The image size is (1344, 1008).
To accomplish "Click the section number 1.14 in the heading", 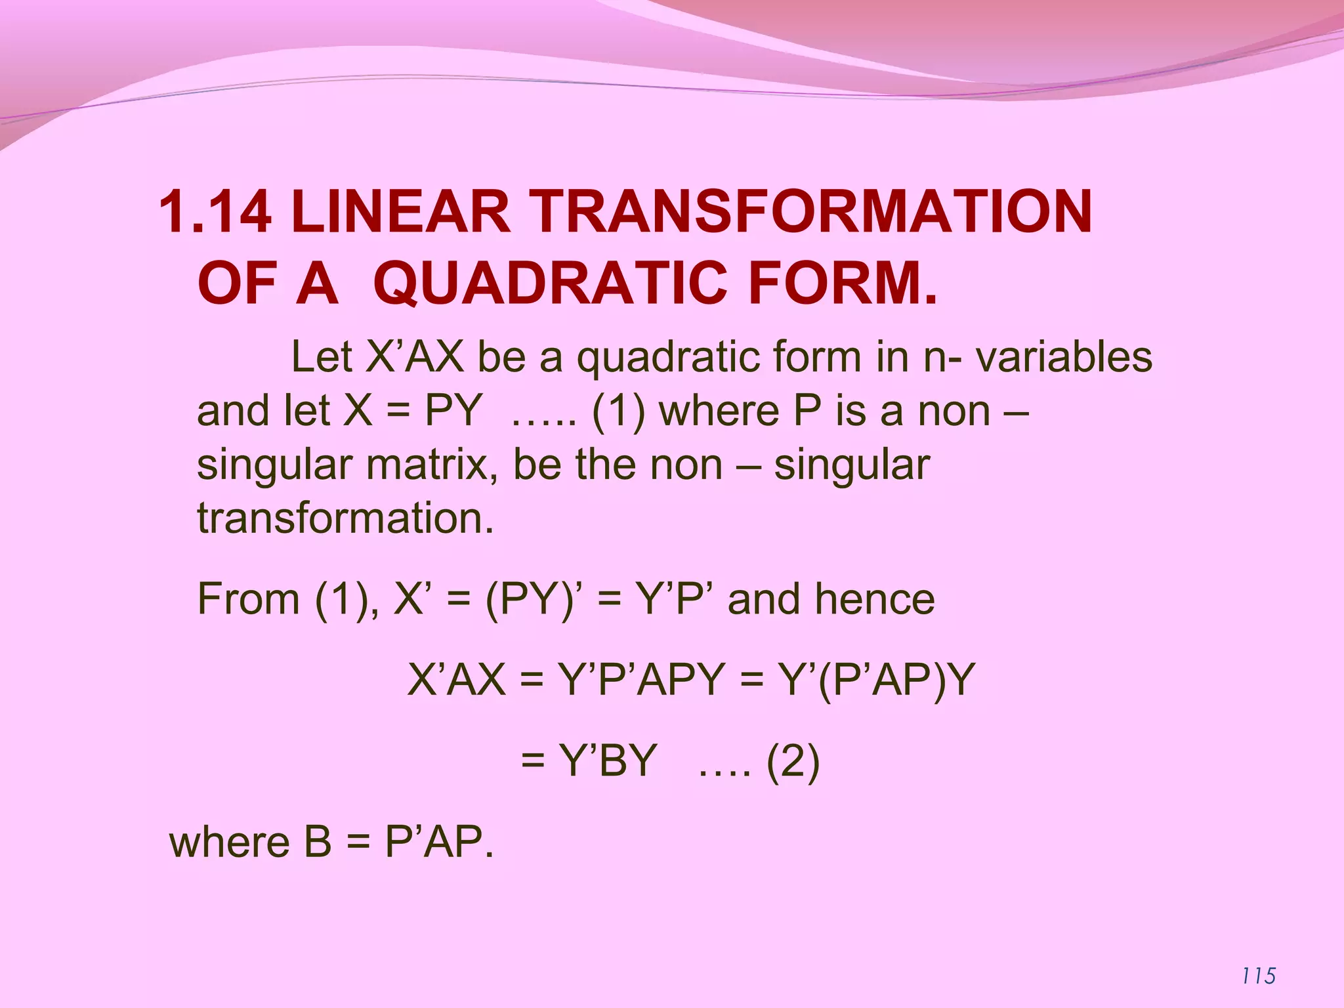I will click(215, 211).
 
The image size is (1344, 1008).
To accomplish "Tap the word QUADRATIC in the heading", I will click(550, 283).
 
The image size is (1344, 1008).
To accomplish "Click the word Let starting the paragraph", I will click(323, 357).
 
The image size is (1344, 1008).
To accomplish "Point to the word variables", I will click(1063, 357).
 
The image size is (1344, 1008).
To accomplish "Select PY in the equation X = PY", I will click(453, 411).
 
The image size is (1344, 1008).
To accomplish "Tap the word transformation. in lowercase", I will click(345, 518).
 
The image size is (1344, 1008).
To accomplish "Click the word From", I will click(248, 599).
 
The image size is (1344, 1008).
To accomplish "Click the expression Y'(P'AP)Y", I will click(877, 680).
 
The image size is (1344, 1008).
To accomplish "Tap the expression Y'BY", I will click(608, 761).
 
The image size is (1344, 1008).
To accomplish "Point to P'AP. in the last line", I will click(438, 842).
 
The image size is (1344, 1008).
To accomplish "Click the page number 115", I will click(1259, 976).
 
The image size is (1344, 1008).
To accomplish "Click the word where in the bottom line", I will click(229, 842).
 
